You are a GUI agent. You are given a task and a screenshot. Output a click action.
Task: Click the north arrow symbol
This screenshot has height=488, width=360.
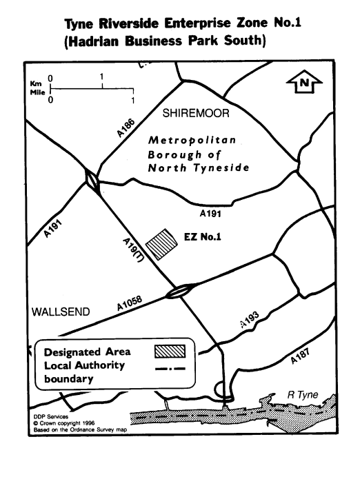(304, 82)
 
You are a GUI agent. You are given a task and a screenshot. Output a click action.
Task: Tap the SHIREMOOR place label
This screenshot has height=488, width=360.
(196, 113)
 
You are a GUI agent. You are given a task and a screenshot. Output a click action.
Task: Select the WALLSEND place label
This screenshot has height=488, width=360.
(61, 312)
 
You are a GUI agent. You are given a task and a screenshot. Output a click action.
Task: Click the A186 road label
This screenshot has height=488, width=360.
(126, 128)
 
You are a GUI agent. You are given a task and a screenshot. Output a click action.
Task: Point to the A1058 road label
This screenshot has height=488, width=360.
(129, 303)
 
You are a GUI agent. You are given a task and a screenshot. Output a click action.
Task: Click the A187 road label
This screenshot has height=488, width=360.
(300, 356)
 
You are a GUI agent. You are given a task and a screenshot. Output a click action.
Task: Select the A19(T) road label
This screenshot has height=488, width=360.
(133, 250)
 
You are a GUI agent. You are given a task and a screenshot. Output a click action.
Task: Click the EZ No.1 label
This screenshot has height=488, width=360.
(203, 237)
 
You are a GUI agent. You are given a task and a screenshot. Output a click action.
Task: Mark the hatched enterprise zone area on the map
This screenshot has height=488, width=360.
(161, 244)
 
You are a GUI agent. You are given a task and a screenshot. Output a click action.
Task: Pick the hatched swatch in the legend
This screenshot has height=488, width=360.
(170, 351)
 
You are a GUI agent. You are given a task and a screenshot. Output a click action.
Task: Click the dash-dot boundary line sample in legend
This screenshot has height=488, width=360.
(170, 369)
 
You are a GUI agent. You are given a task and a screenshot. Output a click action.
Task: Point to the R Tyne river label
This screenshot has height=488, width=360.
(303, 395)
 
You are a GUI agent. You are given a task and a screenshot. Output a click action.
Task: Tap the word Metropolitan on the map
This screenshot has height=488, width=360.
(192, 141)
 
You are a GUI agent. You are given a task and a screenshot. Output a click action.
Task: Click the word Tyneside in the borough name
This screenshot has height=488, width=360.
(221, 168)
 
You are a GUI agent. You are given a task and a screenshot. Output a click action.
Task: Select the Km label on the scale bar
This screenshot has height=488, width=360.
(35, 83)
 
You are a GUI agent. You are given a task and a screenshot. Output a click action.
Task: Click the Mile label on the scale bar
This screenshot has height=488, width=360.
(37, 92)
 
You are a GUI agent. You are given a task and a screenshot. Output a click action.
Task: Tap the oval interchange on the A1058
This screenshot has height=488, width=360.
(181, 291)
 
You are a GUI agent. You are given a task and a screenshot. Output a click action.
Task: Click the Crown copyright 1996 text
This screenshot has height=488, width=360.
(64, 423)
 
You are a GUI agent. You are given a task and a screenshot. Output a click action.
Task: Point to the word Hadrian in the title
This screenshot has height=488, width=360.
(93, 41)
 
